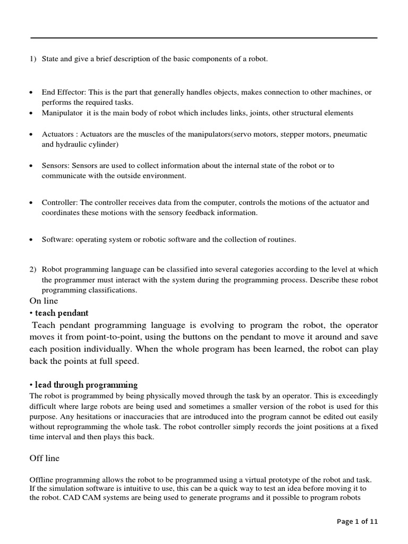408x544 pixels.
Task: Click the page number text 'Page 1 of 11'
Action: pyautogui.click(x=358, y=522)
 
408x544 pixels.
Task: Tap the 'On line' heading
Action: pyautogui.click(x=44, y=301)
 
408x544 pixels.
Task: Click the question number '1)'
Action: pyautogui.click(x=32, y=58)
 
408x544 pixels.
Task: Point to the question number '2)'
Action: pyautogui.click(x=32, y=269)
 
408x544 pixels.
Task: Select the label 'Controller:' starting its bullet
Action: pyautogui.click(x=59, y=202)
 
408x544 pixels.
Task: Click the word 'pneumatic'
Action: pyautogui.click(x=351, y=135)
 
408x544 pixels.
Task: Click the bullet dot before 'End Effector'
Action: pyautogui.click(x=32, y=92)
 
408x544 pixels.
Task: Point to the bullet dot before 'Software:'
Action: pyautogui.click(x=32, y=240)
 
